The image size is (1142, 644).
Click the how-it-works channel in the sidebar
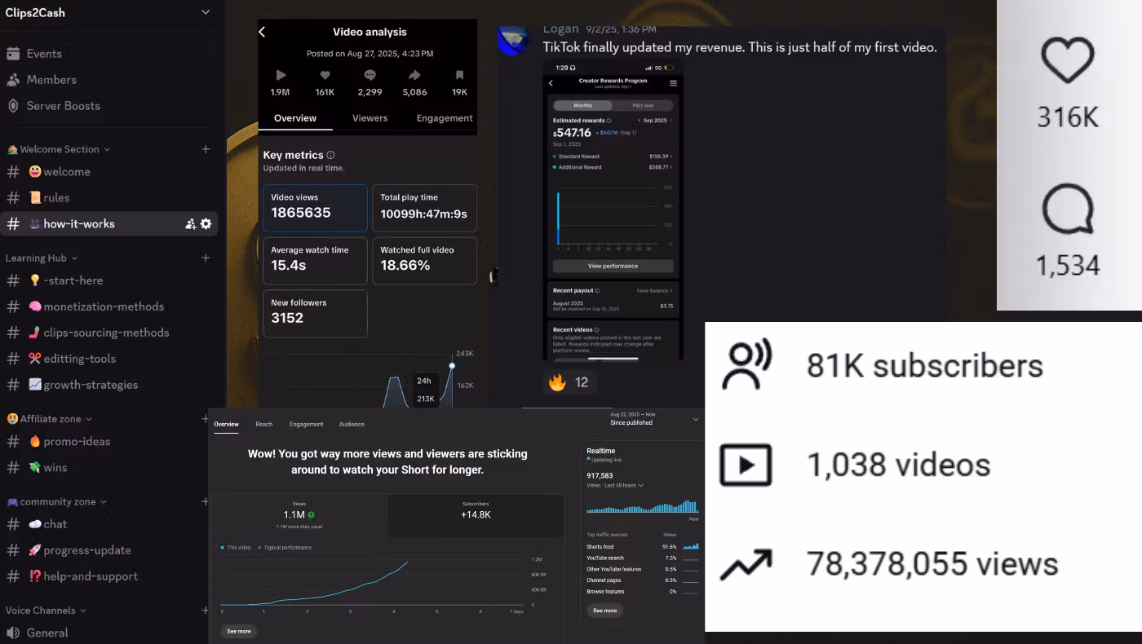[79, 223]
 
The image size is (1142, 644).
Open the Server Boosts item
[63, 106]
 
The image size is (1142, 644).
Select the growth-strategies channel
[91, 385]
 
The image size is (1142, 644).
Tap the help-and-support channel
[90, 576]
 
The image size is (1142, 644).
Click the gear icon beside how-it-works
[206, 223]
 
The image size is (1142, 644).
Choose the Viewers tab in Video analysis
[370, 118]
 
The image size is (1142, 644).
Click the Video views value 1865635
[301, 213]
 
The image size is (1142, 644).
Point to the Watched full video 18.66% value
[405, 265]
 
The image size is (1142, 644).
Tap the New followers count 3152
[287, 318]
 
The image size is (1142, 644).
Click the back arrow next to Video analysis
[262, 32]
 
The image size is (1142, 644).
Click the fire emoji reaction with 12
[569, 382]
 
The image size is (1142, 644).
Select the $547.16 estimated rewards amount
[573, 133]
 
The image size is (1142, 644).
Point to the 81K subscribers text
[924, 365]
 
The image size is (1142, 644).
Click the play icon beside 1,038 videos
[746, 465]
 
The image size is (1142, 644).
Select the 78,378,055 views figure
[932, 564]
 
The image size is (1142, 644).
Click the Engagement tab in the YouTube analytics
[306, 424]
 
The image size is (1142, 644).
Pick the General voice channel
[47, 633]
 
